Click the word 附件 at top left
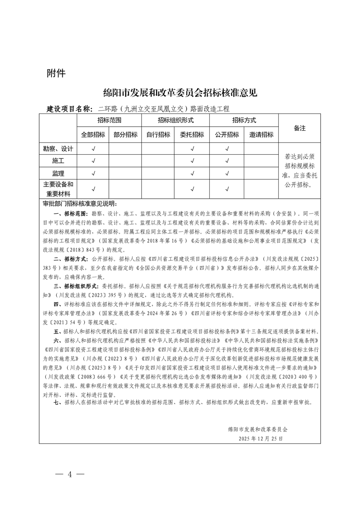(56, 73)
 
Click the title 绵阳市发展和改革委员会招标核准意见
(180, 93)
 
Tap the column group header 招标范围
(109, 120)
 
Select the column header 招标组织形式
(176, 120)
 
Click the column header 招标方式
(244, 120)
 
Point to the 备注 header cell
(300, 128)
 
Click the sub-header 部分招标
(125, 135)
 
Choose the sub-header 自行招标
(158, 135)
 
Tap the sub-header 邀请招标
(261, 135)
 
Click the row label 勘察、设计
(58, 148)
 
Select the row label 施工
(58, 161)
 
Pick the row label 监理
(58, 173)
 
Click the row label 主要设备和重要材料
(58, 189)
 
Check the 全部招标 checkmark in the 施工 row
(93, 161)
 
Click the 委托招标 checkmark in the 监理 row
(192, 173)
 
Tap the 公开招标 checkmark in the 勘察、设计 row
(227, 148)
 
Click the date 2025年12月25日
(260, 439)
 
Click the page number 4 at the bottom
(70, 475)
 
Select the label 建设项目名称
(69, 109)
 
